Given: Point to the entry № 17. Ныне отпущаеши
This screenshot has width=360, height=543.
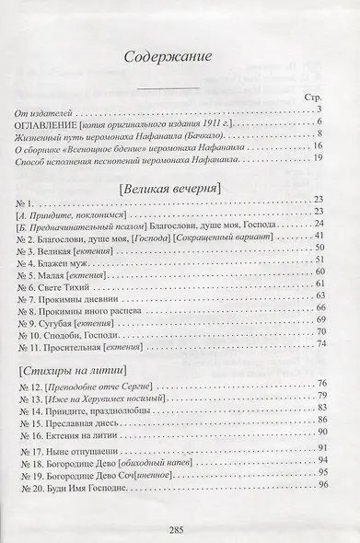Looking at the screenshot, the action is point(69,445).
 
